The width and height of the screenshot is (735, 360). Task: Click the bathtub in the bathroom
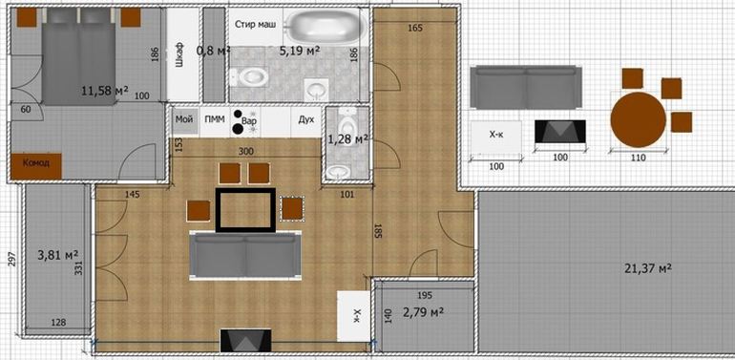pos(326,26)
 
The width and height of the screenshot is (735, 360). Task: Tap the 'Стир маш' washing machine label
pos(256,25)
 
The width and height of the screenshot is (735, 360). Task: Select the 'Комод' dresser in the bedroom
pos(36,165)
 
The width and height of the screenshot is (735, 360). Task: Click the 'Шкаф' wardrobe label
pos(178,55)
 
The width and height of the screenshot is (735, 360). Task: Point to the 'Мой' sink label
pos(184,119)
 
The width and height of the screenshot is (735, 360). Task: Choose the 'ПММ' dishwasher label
pos(215,119)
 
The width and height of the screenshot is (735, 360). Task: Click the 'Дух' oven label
pos(306,119)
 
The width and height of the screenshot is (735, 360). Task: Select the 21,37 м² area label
pos(648,267)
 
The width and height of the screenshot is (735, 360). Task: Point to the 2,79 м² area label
pos(424,311)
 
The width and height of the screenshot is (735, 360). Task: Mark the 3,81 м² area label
pos(57,255)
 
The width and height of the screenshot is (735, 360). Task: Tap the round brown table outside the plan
pos(638,119)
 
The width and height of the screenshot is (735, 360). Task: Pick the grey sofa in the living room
pos(245,256)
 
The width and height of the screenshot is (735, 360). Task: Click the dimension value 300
pos(245,152)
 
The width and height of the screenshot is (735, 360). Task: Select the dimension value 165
pos(415,28)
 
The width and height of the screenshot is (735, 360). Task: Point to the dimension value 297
pos(12,260)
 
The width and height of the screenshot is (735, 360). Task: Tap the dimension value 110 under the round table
pos(638,158)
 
